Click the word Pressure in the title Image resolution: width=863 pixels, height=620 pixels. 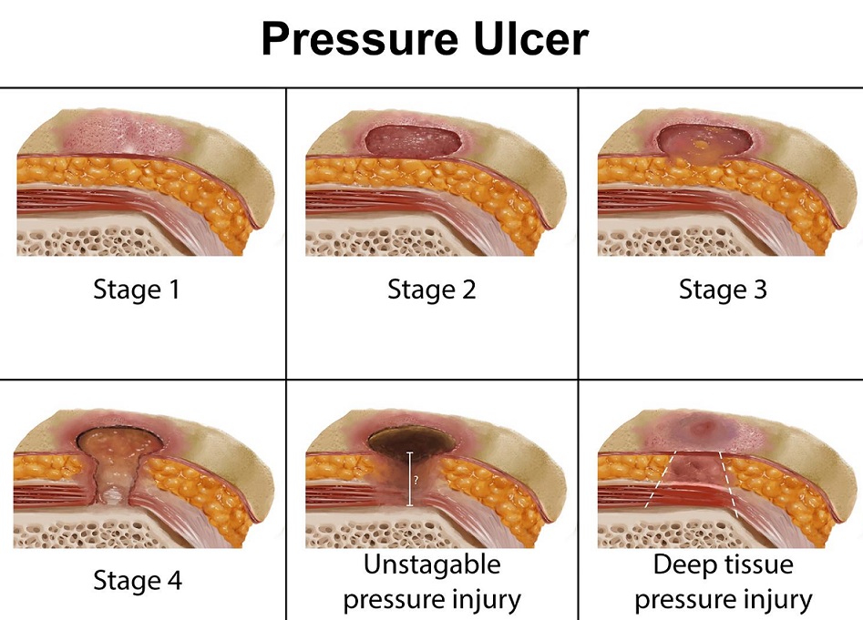click(x=361, y=40)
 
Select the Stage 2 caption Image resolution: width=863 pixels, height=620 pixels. click(x=432, y=290)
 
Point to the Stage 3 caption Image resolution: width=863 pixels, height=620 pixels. click(x=723, y=290)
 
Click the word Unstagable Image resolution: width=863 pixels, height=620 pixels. click(x=432, y=564)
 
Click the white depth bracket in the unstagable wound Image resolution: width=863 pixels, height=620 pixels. click(x=409, y=479)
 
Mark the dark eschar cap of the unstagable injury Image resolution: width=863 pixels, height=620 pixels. click(x=410, y=439)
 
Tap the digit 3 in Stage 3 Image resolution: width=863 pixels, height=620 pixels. click(x=760, y=290)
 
